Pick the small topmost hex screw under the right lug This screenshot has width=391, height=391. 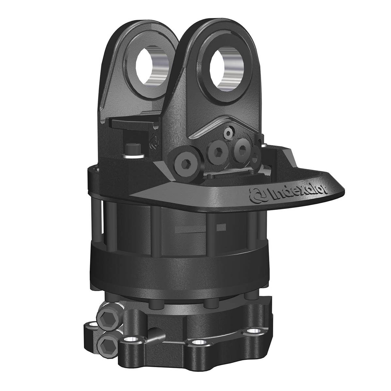coord(228,132)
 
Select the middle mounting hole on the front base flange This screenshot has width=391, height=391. coord(197,343)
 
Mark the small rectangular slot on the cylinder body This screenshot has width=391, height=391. coord(223,226)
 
